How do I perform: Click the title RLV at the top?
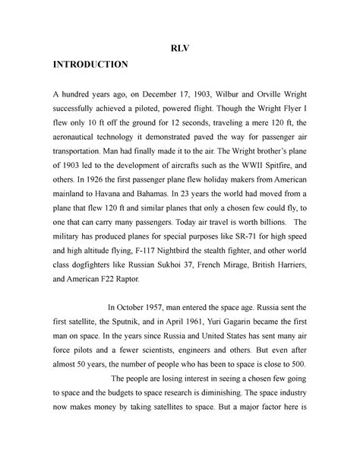click(180, 45)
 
